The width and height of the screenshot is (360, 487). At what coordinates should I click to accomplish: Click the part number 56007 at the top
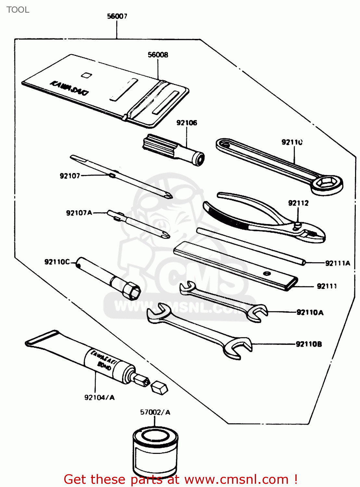[x=117, y=16]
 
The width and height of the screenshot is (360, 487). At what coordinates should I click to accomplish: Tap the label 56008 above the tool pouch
[x=158, y=55]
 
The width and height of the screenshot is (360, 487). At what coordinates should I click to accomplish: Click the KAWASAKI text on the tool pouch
[x=69, y=88]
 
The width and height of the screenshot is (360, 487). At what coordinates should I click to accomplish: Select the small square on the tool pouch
[x=86, y=75]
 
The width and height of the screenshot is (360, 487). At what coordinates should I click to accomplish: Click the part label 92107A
[x=79, y=213]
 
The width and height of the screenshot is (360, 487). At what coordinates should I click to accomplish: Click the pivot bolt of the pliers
[x=297, y=225]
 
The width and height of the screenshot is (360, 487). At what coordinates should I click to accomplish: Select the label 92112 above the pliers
[x=298, y=203]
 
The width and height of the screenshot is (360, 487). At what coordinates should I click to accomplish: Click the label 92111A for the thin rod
[x=338, y=263]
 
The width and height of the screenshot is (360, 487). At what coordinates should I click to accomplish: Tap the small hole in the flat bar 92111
[x=267, y=273]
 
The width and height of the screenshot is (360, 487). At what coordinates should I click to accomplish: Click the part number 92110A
[x=310, y=313]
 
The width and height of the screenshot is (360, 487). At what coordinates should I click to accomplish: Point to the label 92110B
[x=309, y=344]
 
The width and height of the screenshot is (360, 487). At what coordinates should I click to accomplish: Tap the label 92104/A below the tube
[x=99, y=398]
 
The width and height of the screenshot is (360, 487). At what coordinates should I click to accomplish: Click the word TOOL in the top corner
[x=18, y=10]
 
